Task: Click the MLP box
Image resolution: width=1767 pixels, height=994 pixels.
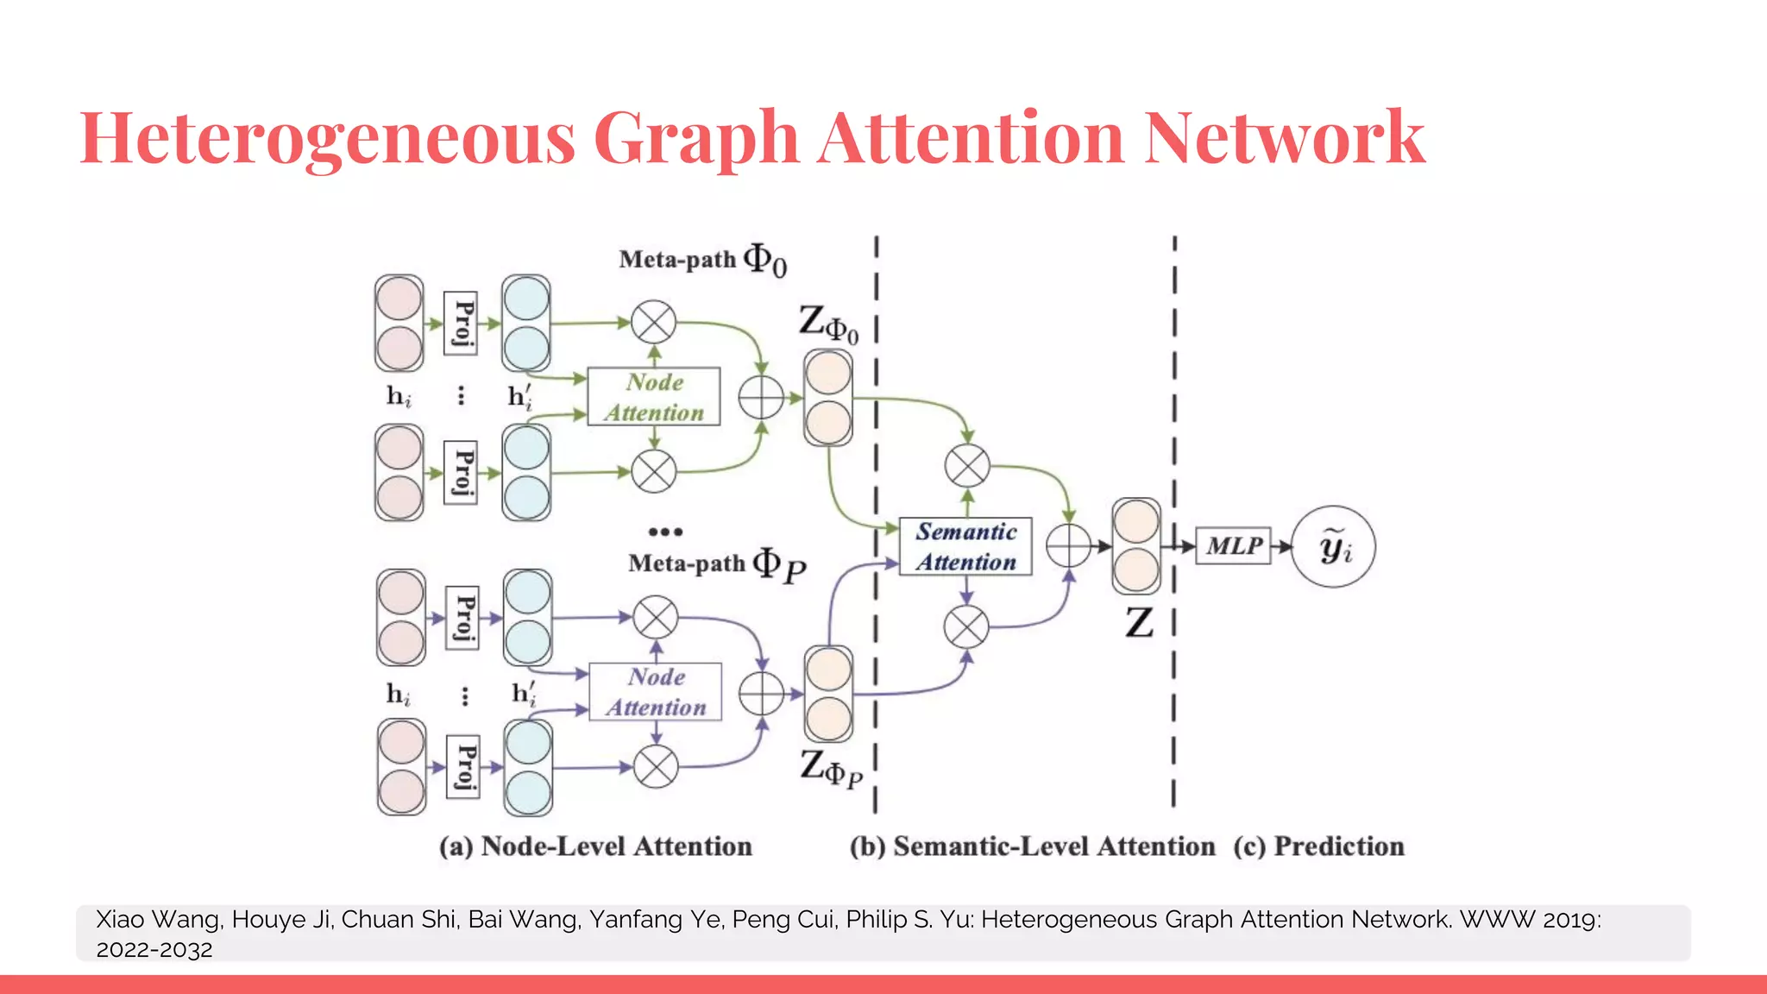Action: [x=1233, y=546]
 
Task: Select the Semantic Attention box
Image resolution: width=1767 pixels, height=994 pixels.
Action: [x=965, y=547]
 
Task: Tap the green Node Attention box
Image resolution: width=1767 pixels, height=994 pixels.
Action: [x=654, y=397]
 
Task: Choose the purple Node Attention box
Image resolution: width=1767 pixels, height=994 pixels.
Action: [x=656, y=692]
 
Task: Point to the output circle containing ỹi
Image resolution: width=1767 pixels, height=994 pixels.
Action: [x=1334, y=547]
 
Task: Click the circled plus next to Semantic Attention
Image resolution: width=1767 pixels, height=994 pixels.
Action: [x=1068, y=545]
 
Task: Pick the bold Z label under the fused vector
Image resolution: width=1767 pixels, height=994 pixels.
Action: [x=1139, y=622]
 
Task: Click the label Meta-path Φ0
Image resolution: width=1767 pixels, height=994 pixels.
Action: [x=702, y=260]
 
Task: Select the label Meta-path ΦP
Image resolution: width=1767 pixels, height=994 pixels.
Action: [x=716, y=565]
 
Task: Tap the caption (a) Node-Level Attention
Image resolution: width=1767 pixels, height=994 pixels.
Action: [x=595, y=846]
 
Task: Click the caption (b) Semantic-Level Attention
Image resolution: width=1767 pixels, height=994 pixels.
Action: [x=1032, y=846]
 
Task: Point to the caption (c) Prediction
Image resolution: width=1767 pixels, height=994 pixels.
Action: [x=1318, y=846]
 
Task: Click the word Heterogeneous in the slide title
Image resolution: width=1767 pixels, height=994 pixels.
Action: [x=327, y=138]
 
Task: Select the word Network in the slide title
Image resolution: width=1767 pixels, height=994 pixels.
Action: [x=1285, y=138]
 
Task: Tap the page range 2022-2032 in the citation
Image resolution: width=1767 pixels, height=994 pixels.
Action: [x=154, y=950]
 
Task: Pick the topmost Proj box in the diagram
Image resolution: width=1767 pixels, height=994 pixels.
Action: [x=461, y=324]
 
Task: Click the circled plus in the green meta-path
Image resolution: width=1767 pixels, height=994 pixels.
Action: [x=761, y=398]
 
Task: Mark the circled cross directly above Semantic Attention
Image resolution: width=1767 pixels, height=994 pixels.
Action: [x=967, y=466]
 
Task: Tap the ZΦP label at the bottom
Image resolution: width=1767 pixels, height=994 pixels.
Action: [x=830, y=769]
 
